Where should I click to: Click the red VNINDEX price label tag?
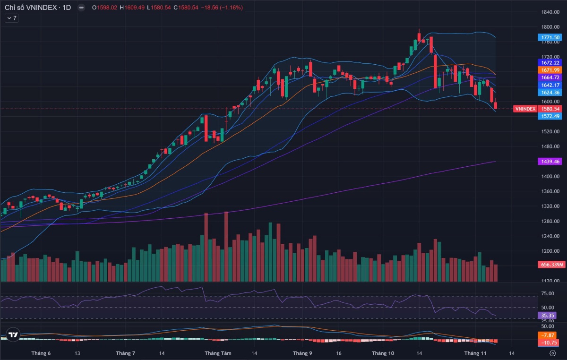click(x=525, y=109)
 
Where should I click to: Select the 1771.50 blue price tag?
click(x=549, y=37)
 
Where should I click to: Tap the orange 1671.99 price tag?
click(x=549, y=70)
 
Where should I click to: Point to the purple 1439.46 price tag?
click(x=549, y=162)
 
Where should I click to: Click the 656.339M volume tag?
click(x=550, y=265)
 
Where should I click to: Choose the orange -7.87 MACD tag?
click(x=549, y=335)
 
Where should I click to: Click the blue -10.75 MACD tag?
click(x=549, y=343)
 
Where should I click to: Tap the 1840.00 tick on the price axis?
click(x=551, y=12)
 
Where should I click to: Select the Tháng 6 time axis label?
click(x=41, y=353)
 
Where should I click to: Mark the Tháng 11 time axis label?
click(x=475, y=353)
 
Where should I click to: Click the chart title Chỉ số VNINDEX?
click(x=32, y=8)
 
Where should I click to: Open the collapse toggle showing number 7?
click(x=11, y=18)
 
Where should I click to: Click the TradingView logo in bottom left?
click(x=13, y=335)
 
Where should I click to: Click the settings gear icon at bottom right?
click(x=552, y=353)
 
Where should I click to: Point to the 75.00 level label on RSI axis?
click(x=547, y=293)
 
